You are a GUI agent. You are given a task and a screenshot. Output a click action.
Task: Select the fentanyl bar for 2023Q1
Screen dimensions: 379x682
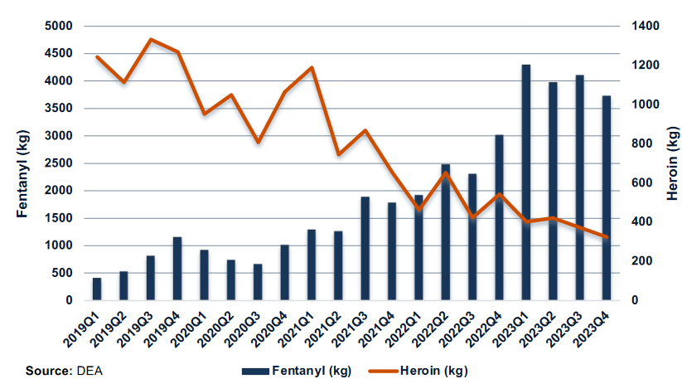pyautogui.click(x=525, y=182)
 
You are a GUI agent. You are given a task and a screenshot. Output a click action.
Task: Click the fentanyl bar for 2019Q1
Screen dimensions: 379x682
pyautogui.click(x=97, y=289)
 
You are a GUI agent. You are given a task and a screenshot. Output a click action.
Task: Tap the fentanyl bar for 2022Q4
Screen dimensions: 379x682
pyautogui.click(x=499, y=217)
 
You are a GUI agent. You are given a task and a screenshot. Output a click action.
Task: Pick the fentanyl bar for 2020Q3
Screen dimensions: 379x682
pyautogui.click(x=258, y=282)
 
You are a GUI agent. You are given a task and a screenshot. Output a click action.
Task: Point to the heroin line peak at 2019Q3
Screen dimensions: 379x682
pyautogui.click(x=151, y=39)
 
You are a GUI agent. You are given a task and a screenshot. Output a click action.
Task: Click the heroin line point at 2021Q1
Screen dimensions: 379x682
pyautogui.click(x=312, y=67)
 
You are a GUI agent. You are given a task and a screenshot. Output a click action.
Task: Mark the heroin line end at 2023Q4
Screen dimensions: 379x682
pyautogui.click(x=606, y=237)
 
